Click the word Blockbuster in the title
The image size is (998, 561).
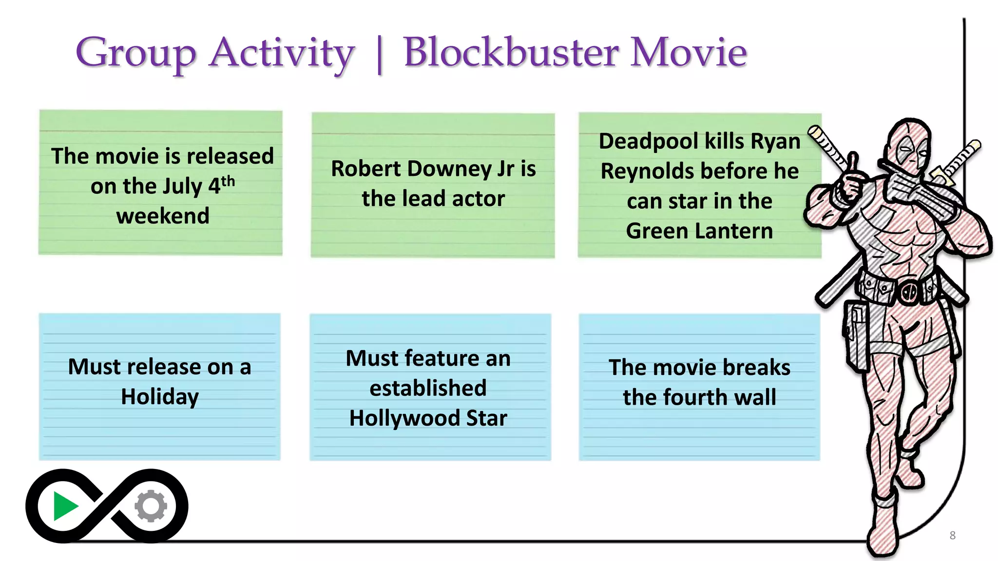(511, 52)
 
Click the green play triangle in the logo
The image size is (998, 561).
(65, 506)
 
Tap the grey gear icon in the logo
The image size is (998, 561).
(151, 506)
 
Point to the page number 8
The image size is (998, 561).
(952, 536)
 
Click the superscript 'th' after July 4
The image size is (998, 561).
(228, 182)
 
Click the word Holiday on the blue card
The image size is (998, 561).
(160, 397)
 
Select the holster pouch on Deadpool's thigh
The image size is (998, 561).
(857, 336)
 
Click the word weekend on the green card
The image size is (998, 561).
(163, 216)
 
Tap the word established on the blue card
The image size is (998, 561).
(428, 388)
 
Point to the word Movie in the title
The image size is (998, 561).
(689, 52)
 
